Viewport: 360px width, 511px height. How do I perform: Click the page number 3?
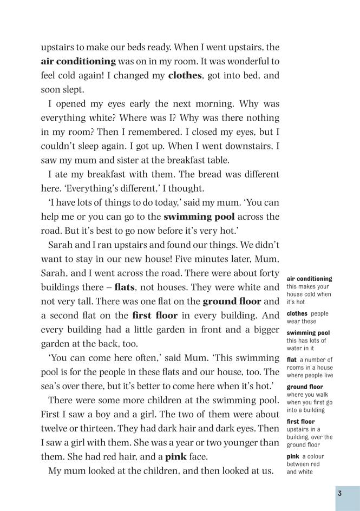(x=339, y=494)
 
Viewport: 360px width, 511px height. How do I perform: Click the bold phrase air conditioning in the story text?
(x=78, y=61)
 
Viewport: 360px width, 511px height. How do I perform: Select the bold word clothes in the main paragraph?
(x=185, y=75)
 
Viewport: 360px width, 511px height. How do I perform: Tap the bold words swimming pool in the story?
(x=199, y=217)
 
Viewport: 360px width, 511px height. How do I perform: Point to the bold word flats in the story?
(x=125, y=287)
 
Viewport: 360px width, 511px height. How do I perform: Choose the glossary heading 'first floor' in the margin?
(x=300, y=422)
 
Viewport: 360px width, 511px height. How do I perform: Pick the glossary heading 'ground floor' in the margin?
(x=305, y=387)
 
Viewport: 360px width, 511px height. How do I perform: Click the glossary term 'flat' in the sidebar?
(x=291, y=359)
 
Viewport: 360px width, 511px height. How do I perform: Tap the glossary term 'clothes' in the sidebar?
(x=297, y=313)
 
